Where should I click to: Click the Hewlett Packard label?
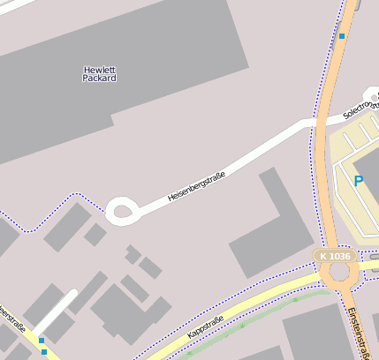tap(100, 73)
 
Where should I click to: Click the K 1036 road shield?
tap(335, 256)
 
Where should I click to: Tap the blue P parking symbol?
tap(359, 181)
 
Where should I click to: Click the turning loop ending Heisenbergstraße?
tap(121, 211)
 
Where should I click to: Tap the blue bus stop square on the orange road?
tap(342, 36)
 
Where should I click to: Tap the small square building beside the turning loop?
tap(95, 234)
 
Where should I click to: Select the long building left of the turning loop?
tap(67, 227)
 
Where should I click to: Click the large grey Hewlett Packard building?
tap(115, 71)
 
